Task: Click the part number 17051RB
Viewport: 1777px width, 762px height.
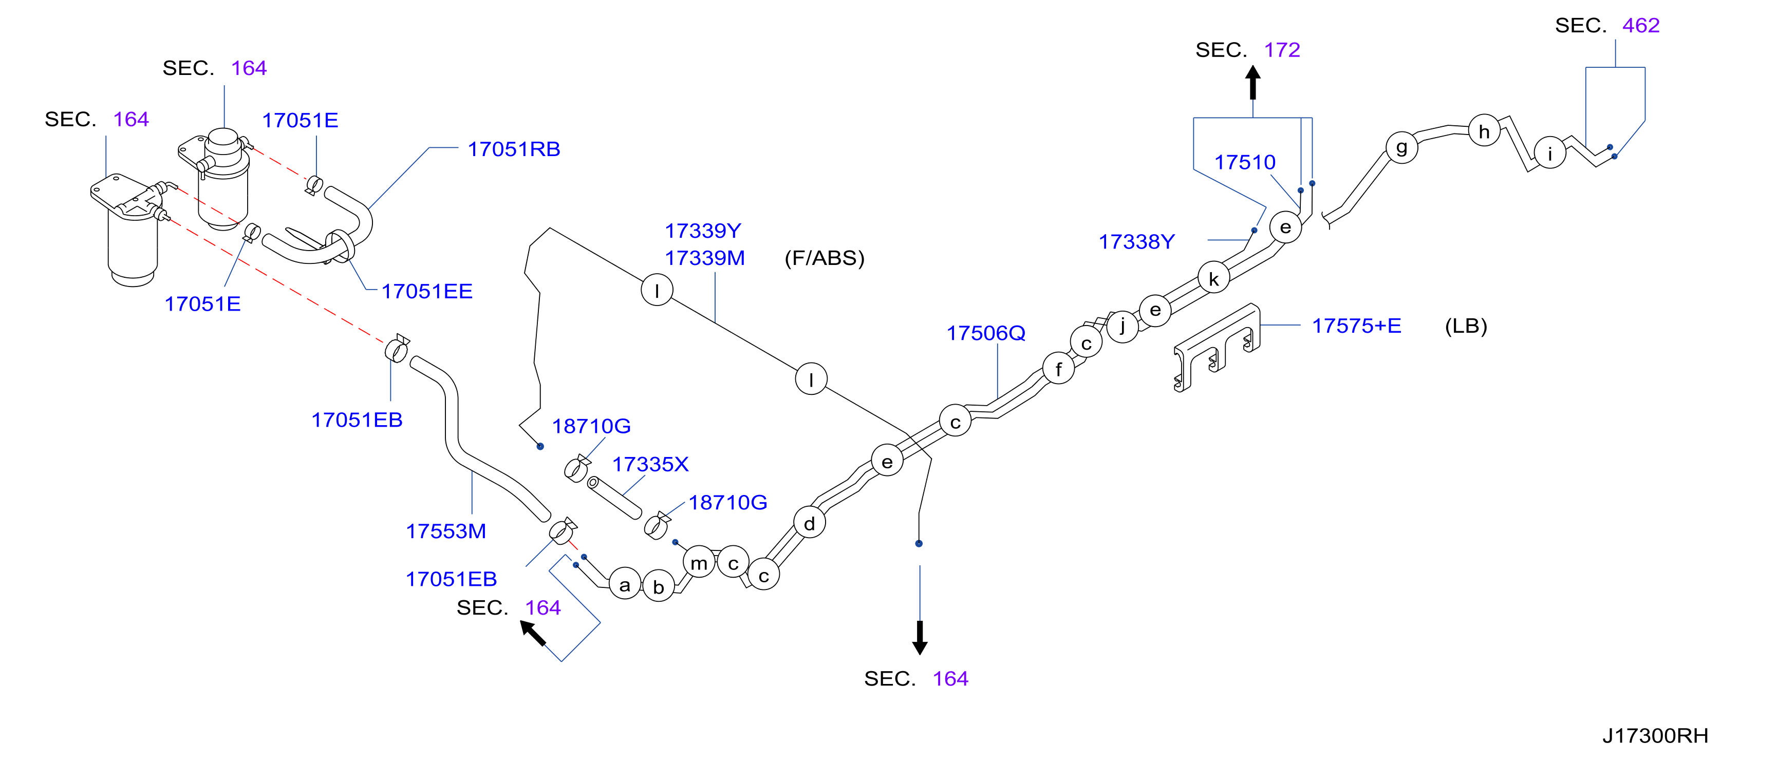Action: [514, 149]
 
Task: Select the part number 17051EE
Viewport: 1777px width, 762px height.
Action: [427, 291]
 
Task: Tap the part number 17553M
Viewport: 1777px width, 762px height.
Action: [445, 531]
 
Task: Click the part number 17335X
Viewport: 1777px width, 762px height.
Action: [650, 464]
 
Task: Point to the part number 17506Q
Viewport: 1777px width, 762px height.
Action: [986, 333]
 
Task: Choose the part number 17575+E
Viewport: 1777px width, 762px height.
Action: [1356, 326]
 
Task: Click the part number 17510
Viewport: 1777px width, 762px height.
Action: [1244, 162]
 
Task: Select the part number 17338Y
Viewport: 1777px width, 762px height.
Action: [1136, 241]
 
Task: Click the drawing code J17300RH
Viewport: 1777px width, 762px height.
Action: [1655, 736]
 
